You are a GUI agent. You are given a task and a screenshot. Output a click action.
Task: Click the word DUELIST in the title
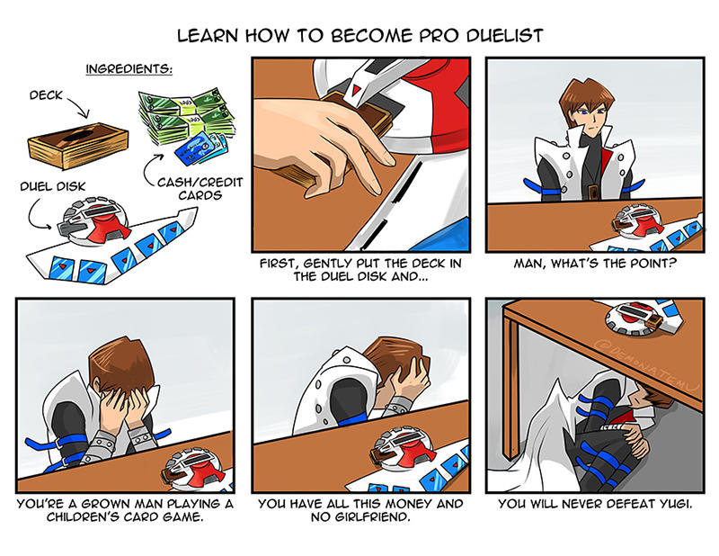point(505,35)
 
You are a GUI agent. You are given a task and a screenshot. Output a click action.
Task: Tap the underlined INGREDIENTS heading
point(129,69)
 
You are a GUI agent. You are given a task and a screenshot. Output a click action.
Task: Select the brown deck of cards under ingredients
point(78,145)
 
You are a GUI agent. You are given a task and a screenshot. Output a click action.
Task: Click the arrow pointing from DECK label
point(79,106)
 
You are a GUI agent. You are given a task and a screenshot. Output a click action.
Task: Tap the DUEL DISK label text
point(53,186)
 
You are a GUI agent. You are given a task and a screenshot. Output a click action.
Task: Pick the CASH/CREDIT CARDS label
point(200,189)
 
